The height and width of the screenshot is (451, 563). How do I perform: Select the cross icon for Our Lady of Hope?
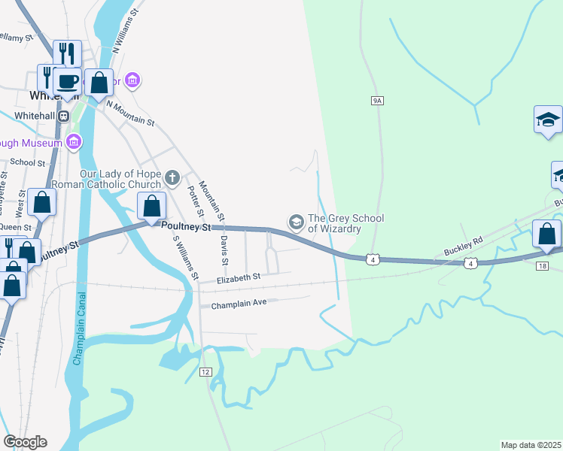172,178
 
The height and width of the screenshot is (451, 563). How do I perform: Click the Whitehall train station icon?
64,116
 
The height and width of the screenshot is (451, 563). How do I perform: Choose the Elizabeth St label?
238,277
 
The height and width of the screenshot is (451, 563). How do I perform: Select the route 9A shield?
378,100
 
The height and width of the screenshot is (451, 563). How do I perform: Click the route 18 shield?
542,266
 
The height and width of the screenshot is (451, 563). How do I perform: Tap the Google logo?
25,442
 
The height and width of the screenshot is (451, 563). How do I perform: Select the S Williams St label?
185,259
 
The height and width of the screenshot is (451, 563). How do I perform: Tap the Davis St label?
224,250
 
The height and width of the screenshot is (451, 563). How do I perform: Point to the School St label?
28,162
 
